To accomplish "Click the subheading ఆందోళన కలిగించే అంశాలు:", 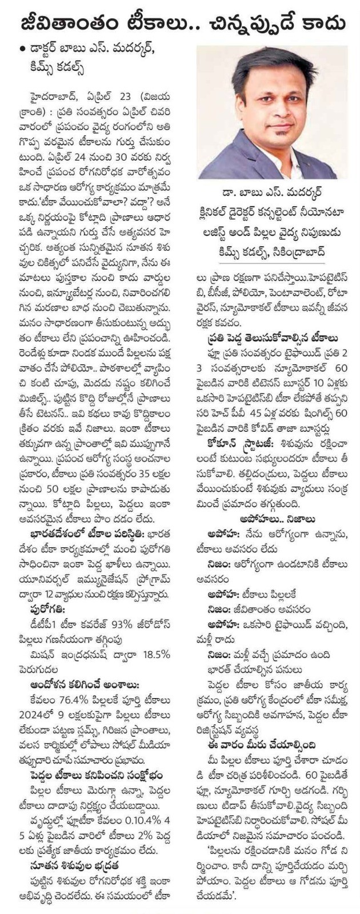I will tap(85, 685).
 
